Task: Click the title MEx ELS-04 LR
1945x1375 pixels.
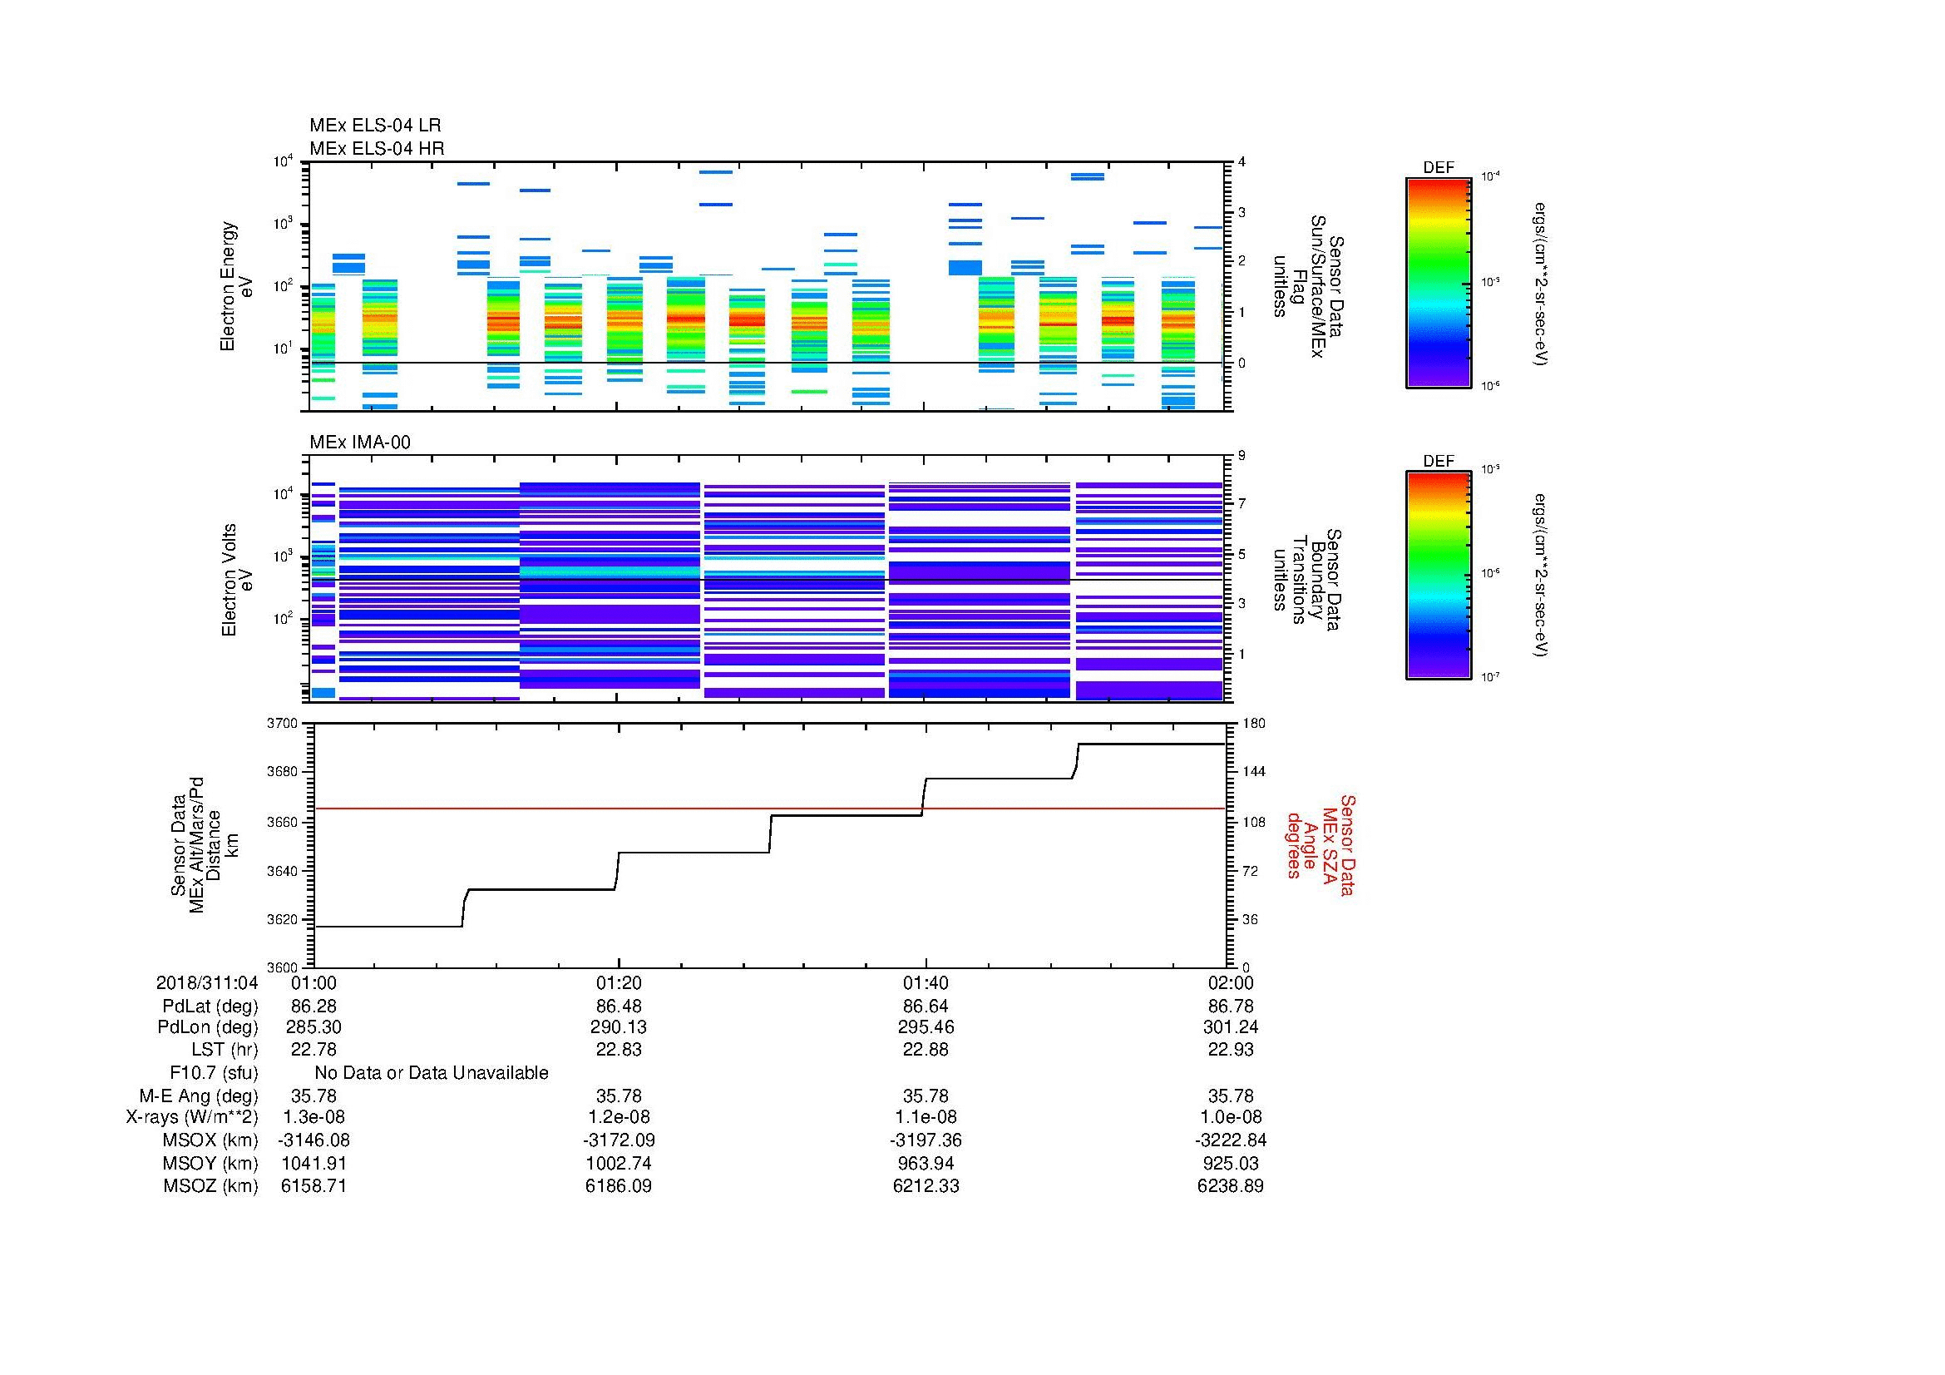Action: pyautogui.click(x=375, y=126)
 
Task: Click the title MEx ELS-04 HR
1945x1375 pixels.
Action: pyautogui.click(x=377, y=148)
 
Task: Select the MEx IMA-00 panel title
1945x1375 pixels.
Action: pyautogui.click(x=360, y=443)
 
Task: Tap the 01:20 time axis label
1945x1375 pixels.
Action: pyautogui.click(x=619, y=982)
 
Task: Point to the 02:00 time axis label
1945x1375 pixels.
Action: pyautogui.click(x=1230, y=982)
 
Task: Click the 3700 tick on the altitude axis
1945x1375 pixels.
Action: pyautogui.click(x=283, y=724)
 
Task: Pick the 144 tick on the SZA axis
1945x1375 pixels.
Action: pyautogui.click(x=1253, y=772)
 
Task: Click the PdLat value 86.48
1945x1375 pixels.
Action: pyautogui.click(x=619, y=1007)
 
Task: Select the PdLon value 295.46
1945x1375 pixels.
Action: pyautogui.click(x=926, y=1027)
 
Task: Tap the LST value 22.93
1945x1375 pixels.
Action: pyautogui.click(x=1230, y=1050)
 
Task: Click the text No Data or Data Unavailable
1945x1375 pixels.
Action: pyautogui.click(x=432, y=1073)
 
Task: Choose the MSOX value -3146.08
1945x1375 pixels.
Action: pyautogui.click(x=313, y=1140)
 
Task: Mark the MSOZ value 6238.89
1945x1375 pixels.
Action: pyautogui.click(x=1230, y=1186)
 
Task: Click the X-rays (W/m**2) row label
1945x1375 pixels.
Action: pyautogui.click(x=191, y=1117)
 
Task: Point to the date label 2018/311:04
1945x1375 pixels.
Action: pyautogui.click(x=207, y=982)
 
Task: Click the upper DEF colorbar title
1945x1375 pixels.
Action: pyautogui.click(x=1438, y=168)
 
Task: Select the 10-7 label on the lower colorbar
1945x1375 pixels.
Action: pyautogui.click(x=1490, y=678)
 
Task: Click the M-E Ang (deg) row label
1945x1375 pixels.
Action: pyautogui.click(x=198, y=1096)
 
